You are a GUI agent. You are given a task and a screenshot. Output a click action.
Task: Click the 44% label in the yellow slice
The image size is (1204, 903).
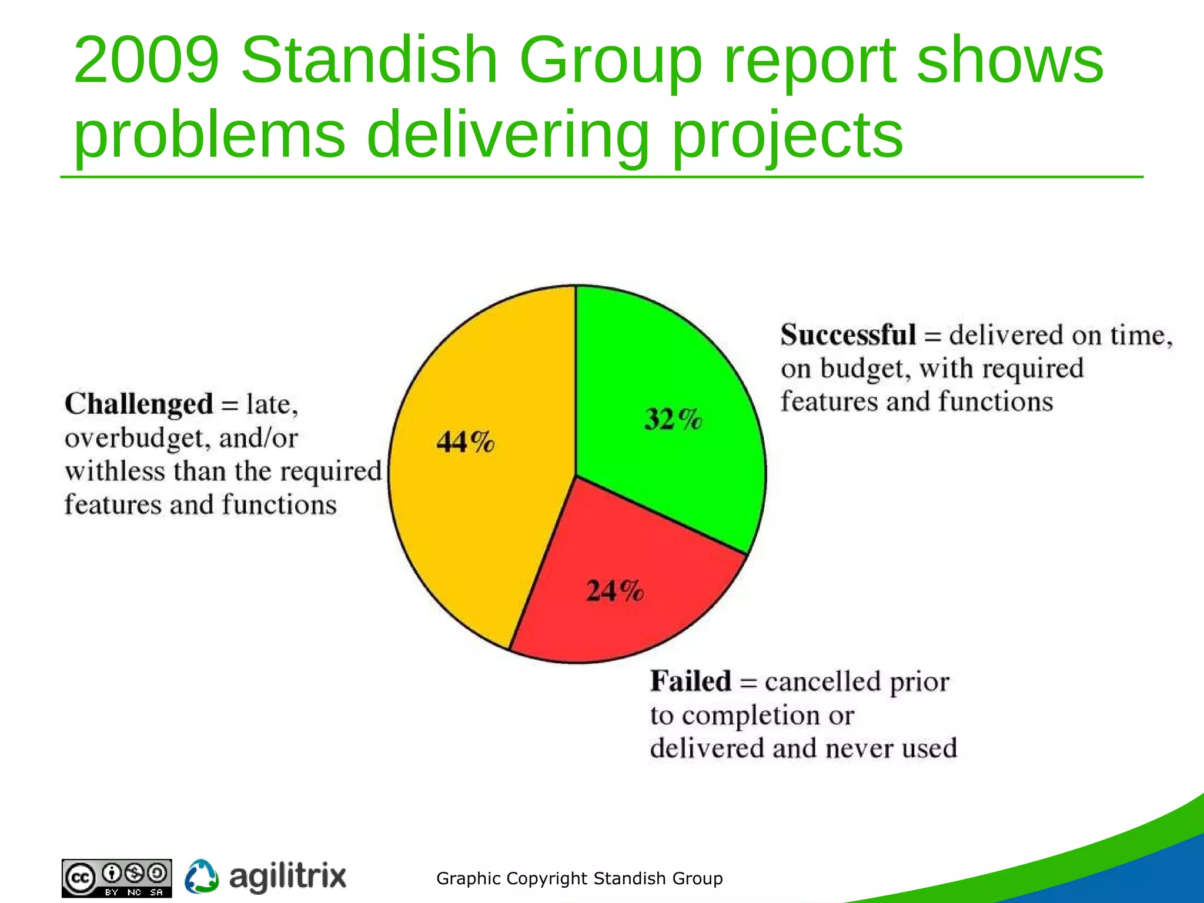pyautogui.click(x=465, y=442)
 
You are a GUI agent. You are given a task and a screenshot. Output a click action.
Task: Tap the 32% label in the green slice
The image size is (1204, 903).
pyautogui.click(x=673, y=419)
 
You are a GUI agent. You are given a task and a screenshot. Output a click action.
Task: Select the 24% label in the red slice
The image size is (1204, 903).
pyautogui.click(x=615, y=590)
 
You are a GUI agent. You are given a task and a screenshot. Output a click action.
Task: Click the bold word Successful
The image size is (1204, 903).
pyautogui.click(x=848, y=335)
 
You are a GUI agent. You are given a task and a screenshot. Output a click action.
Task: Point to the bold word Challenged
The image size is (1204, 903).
pyautogui.click(x=139, y=404)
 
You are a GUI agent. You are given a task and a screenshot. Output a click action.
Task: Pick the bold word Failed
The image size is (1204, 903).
pyautogui.click(x=690, y=681)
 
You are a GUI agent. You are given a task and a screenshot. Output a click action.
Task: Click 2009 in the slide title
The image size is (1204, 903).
pyautogui.click(x=146, y=60)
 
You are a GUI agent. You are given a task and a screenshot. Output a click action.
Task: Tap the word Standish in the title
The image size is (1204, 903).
pyautogui.click(x=369, y=60)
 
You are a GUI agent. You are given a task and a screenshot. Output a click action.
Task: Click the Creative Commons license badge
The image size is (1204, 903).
pyautogui.click(x=117, y=878)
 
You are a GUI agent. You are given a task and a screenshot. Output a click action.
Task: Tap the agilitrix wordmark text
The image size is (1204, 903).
pyautogui.click(x=287, y=877)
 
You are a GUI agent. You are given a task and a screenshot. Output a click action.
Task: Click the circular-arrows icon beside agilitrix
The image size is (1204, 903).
pyautogui.click(x=202, y=877)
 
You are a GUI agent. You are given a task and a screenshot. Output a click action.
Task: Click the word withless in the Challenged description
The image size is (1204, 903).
pyautogui.click(x=115, y=471)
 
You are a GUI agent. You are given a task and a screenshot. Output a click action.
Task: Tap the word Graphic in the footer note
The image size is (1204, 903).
pyautogui.click(x=469, y=878)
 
